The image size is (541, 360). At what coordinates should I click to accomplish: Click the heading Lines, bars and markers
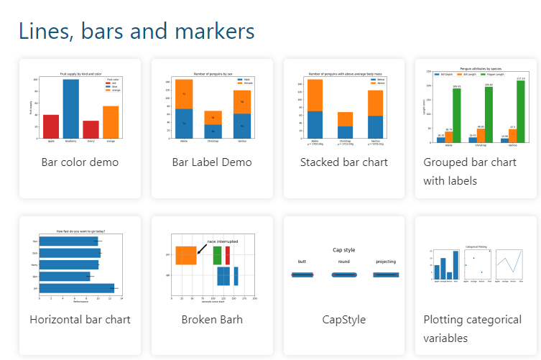click(x=137, y=31)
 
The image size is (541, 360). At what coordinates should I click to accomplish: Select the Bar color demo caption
click(x=80, y=162)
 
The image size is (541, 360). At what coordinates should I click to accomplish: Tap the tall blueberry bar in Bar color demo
click(x=71, y=109)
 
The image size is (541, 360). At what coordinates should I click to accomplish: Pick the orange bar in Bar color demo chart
click(x=111, y=122)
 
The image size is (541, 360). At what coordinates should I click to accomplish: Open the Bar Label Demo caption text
click(x=212, y=162)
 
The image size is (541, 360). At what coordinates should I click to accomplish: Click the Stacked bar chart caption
click(x=343, y=162)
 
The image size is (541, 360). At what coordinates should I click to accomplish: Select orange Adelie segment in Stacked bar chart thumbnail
click(x=315, y=95)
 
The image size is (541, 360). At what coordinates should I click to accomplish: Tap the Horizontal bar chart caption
click(x=80, y=319)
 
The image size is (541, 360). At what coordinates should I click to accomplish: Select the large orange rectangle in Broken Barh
click(x=186, y=255)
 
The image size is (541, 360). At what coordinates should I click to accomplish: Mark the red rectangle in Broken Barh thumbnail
click(x=228, y=255)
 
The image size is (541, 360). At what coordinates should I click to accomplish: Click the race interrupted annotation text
click(x=222, y=241)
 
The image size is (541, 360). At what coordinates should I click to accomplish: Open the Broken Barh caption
click(x=212, y=319)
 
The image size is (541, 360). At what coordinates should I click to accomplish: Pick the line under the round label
click(x=343, y=275)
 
